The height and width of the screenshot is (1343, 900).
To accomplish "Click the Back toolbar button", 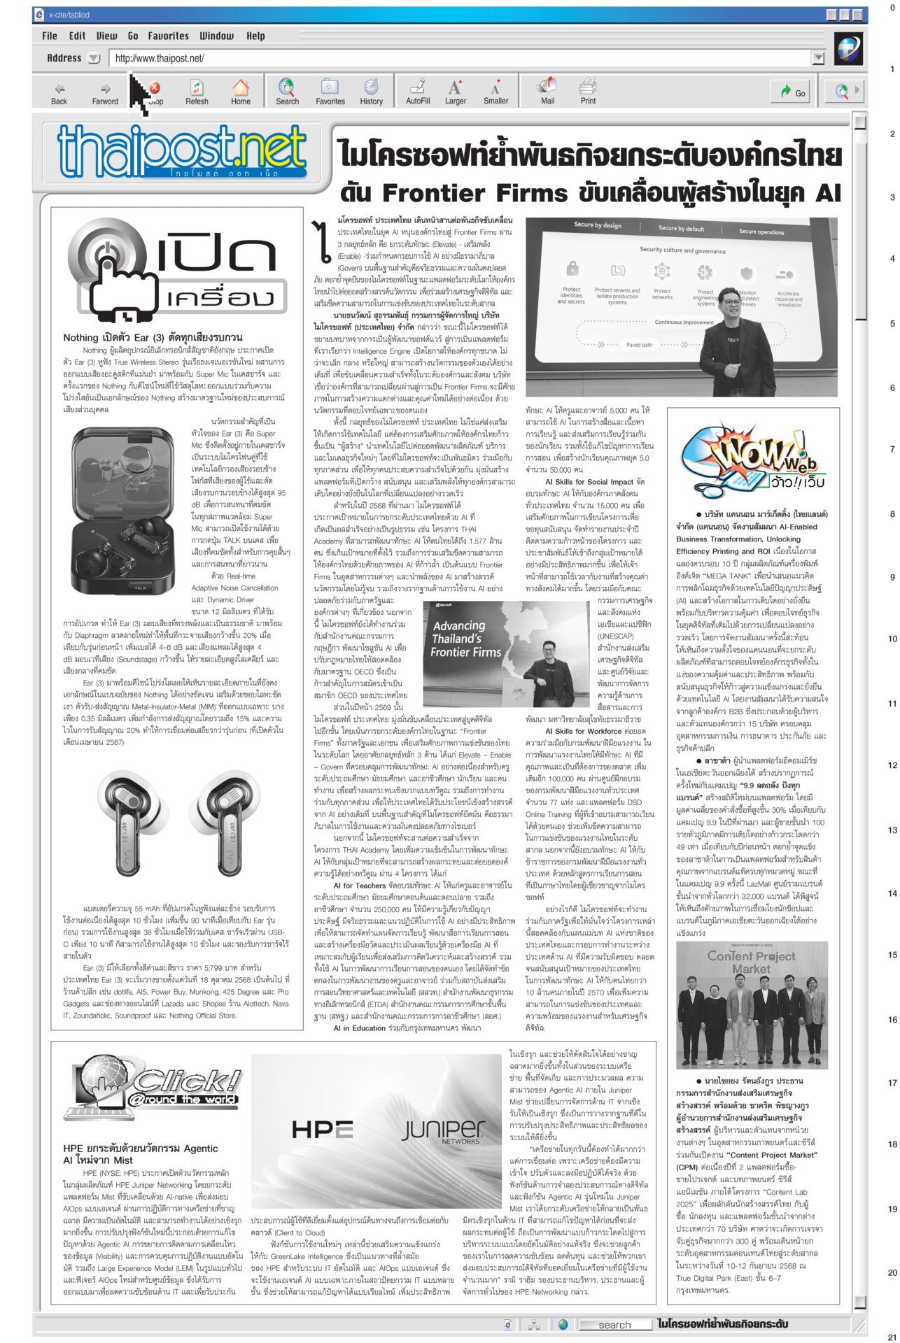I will click(59, 92).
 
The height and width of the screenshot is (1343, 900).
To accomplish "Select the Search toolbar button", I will click(287, 92).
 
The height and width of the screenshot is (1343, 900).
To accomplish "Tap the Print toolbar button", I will click(588, 92).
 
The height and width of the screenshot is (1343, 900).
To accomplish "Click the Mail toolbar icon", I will click(547, 92).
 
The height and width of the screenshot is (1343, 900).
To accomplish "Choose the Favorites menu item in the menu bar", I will click(168, 36).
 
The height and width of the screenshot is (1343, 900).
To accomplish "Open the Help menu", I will click(255, 36).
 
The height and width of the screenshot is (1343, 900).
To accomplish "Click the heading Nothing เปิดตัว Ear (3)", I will click(153, 338).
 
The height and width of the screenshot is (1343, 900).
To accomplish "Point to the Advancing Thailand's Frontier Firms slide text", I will click(466, 639).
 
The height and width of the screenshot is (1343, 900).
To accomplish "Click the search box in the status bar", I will click(614, 1324).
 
